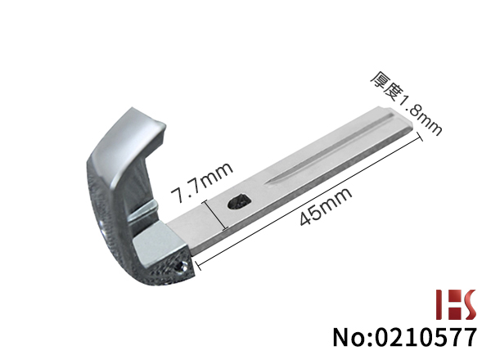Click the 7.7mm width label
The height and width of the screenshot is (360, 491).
pyautogui.click(x=201, y=181)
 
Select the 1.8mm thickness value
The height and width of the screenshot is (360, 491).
pyautogui.click(x=420, y=115)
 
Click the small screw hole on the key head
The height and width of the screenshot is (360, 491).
pyautogui.click(x=181, y=267)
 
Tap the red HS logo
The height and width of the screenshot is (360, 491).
pyautogui.click(x=456, y=304)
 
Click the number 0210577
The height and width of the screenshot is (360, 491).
pyautogui.click(x=426, y=337)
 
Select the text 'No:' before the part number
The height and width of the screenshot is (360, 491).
pyautogui.click(x=353, y=337)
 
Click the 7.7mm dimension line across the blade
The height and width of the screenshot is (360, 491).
pyautogui.click(x=215, y=215)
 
